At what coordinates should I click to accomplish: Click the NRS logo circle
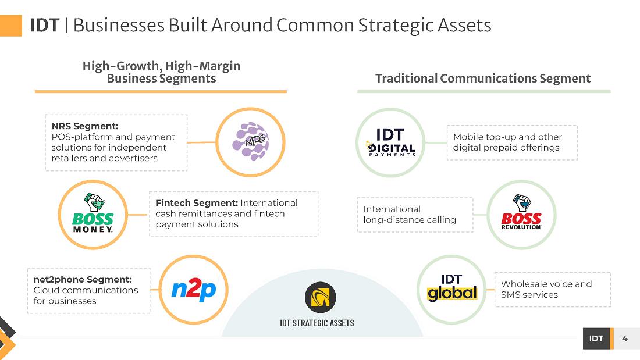tap(251, 142)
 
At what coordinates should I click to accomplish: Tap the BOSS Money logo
tap(93, 215)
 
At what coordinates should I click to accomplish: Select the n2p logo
tap(193, 290)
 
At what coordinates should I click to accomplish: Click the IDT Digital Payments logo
tap(390, 142)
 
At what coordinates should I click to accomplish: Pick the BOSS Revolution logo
tap(521, 214)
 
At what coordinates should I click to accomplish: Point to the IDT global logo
tap(451, 290)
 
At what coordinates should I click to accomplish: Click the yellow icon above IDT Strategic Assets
tap(321, 298)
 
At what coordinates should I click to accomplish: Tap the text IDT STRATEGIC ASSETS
tap(317, 323)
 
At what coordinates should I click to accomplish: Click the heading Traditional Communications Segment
tap(483, 79)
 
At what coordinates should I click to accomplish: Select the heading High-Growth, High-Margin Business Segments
tap(161, 72)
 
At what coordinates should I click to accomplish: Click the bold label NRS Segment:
tap(85, 126)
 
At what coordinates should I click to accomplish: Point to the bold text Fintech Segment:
tap(197, 203)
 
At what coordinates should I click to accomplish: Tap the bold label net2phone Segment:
tap(83, 280)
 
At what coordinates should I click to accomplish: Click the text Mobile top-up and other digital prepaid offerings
tap(507, 142)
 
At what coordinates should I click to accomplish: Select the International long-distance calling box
tap(415, 215)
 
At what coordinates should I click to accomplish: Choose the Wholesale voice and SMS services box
tap(552, 290)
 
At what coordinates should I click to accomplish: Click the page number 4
tap(625, 338)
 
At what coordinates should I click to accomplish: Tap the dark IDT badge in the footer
tap(596, 338)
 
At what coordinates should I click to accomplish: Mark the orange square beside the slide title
tap(10, 26)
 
